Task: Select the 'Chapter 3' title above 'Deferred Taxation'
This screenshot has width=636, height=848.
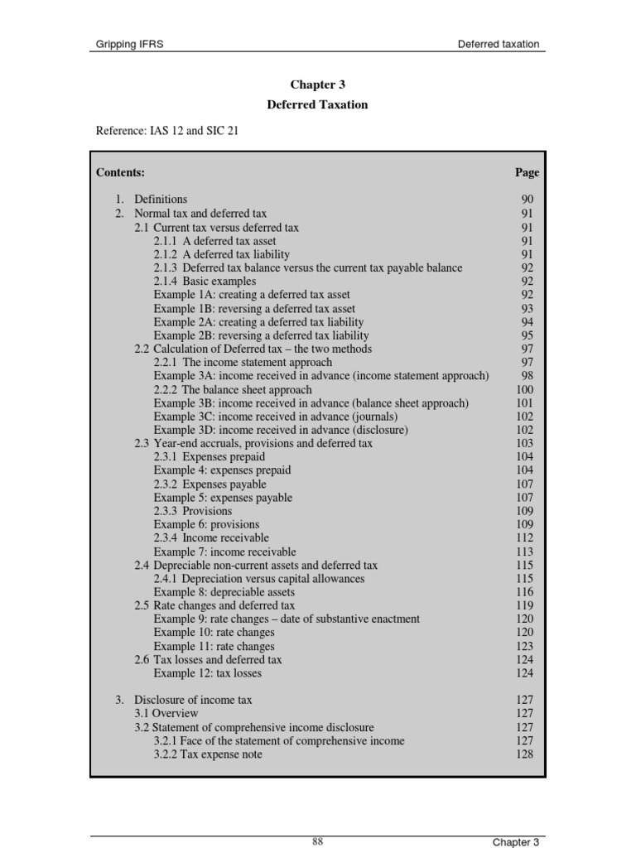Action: coord(317,84)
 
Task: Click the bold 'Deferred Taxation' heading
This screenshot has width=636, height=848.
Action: coord(317,105)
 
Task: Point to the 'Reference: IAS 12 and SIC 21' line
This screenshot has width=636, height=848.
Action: coord(167,131)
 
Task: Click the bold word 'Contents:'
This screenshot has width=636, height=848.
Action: coord(120,172)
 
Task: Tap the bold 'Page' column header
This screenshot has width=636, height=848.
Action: coord(527,172)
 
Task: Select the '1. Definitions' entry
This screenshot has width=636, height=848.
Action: coord(152,200)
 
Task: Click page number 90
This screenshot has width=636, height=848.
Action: coord(528,200)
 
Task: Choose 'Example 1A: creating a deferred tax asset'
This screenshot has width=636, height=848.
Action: coord(252,295)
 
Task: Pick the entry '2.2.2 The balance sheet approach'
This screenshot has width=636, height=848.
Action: coord(233,390)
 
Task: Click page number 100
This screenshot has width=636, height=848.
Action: coord(525,390)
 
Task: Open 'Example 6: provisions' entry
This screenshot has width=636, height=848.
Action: coord(206,525)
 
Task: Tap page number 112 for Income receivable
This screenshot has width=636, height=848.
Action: coord(525,538)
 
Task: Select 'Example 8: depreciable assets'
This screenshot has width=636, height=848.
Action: coord(224,593)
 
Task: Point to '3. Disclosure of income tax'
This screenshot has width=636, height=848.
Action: coord(184,701)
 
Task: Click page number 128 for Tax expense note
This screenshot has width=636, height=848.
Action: coord(525,754)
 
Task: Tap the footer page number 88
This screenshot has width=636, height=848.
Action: coord(317,841)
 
